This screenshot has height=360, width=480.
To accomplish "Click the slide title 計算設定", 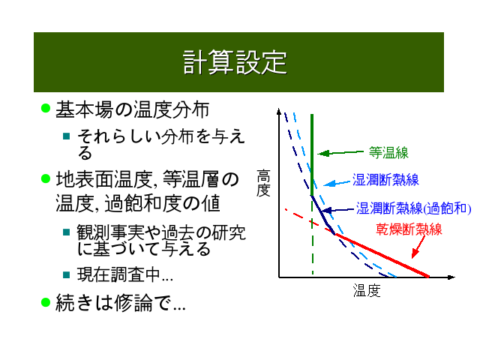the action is point(235,62).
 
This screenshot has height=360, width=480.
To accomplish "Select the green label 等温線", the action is point(388,152).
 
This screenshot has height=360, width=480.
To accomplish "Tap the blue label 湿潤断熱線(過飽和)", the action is point(413,208).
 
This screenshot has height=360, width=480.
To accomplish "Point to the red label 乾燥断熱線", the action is point(409,229).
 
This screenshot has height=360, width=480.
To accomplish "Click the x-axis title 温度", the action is point(367,290).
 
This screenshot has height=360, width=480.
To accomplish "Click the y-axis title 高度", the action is point(263,183).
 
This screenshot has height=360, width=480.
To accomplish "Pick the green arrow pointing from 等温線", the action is point(340,152).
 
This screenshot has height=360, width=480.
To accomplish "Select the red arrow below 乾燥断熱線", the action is point(418,247).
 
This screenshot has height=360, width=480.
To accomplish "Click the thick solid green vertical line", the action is point(312,155).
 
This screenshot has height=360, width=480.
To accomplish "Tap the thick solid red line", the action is point(382,255).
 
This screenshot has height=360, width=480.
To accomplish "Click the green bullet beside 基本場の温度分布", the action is point(46,108).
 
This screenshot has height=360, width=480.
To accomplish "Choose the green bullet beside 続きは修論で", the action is point(46,302).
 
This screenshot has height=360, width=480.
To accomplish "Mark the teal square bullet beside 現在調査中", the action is point(67,274).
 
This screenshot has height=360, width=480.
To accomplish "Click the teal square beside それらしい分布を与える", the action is point(67,136).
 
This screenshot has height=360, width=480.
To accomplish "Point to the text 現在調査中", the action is point(125,274).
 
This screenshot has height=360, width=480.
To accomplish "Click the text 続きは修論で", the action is point(120,302).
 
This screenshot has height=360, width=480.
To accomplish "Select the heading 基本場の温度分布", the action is point(132,109).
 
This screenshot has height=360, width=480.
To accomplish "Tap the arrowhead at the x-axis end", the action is point(451,277).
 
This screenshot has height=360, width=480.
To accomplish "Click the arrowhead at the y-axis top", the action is point(278,112).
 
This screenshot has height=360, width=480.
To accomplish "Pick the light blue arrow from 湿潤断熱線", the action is point(337,183).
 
